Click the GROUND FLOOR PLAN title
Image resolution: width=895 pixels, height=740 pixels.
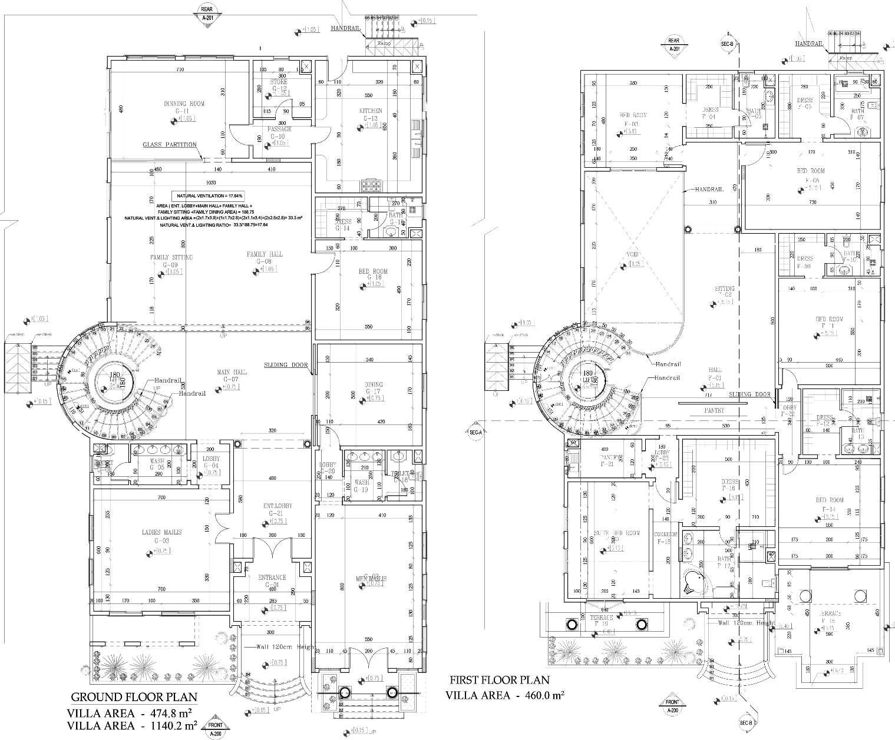(x=134, y=698)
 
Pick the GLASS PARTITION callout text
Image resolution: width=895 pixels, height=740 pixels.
(x=170, y=145)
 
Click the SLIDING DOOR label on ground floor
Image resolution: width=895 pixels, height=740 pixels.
(x=286, y=365)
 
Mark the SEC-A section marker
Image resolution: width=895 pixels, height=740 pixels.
(x=476, y=433)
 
